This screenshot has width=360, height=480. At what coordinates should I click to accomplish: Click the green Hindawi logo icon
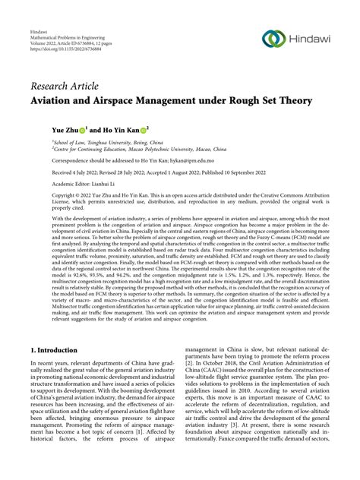coord(273,39)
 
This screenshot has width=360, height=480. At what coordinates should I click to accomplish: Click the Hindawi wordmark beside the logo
coord(311,39)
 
